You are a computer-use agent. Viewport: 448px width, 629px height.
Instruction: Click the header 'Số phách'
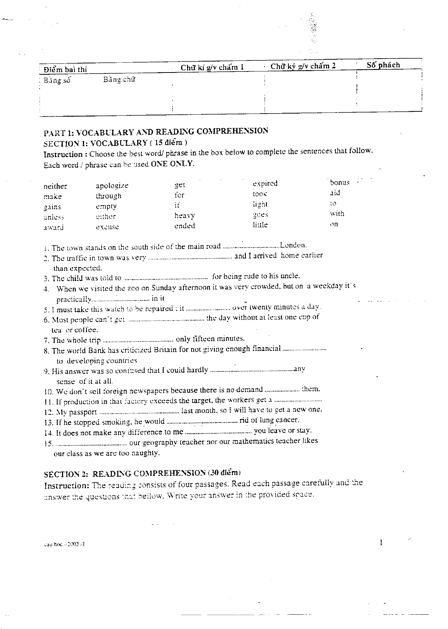coord(383,65)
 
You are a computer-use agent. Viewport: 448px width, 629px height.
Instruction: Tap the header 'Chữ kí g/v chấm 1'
coord(212,67)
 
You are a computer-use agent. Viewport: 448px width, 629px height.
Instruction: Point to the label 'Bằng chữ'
coord(119,79)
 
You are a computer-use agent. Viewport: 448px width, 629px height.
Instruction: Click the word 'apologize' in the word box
coord(112,186)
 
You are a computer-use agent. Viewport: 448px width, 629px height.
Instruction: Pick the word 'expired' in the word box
coord(265,183)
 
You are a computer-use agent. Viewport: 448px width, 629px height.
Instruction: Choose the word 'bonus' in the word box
coord(339,182)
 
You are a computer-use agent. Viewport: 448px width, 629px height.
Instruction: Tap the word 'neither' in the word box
coord(55,186)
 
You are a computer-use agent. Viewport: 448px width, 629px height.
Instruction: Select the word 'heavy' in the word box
coord(185,215)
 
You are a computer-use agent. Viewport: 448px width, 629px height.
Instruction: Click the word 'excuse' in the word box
coord(107,227)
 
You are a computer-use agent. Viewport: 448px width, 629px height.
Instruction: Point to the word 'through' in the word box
coord(108,196)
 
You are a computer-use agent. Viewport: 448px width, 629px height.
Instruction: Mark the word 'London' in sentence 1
coord(293,245)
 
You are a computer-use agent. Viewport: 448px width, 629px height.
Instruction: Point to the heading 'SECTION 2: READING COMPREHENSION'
coord(142,474)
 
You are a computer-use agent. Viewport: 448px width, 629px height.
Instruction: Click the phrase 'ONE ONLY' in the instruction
coord(172,164)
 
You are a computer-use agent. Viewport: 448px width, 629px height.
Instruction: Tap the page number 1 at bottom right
coord(381,543)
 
